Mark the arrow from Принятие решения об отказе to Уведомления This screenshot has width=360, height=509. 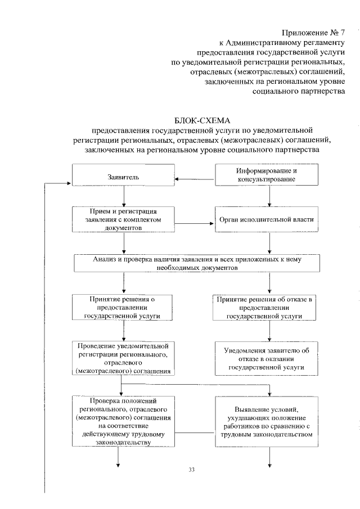tap(270, 332)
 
